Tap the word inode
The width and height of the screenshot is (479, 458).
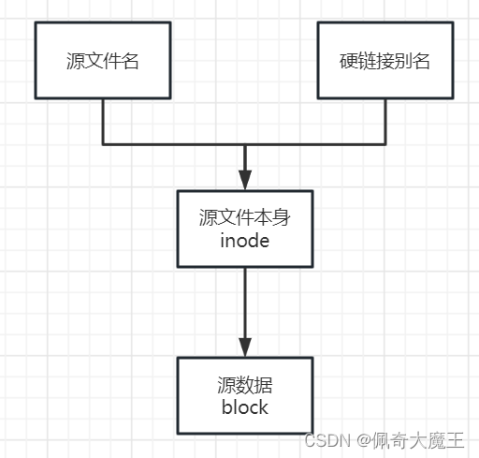click(x=245, y=241)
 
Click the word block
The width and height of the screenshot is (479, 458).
click(x=245, y=406)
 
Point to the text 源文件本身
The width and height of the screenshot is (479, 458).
click(x=245, y=217)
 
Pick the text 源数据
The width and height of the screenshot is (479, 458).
click(x=245, y=385)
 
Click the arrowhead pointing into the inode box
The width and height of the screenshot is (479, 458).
click(x=245, y=180)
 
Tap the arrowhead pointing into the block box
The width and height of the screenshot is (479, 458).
click(x=245, y=347)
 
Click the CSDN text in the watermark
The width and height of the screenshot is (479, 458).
click(x=327, y=440)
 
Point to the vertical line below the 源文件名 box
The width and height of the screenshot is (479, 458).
click(x=103, y=122)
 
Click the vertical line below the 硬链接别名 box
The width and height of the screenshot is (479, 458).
click(x=385, y=122)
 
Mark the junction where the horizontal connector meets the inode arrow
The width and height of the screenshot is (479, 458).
click(x=245, y=144)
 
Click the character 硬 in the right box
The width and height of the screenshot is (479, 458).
click(x=348, y=61)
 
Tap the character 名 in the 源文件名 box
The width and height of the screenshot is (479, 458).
click(x=130, y=61)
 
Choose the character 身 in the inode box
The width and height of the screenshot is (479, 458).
click(x=282, y=217)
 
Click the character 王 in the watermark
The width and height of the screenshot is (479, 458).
click(x=455, y=440)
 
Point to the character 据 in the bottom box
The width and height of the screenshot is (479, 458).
click(x=264, y=385)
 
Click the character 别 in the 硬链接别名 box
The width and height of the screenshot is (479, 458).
click(x=403, y=61)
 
